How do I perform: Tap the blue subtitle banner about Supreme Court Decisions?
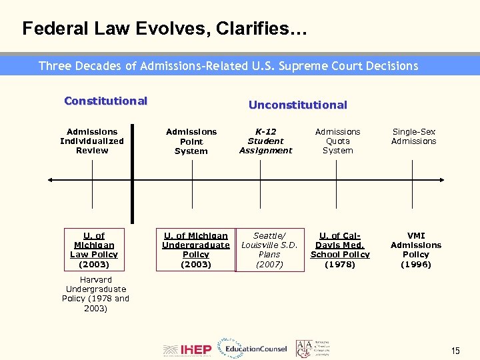[228, 65]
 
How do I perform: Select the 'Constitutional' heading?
[105, 101]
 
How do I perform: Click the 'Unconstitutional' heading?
[297, 105]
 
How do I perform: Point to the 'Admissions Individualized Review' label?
[92, 141]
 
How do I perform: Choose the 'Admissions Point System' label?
[191, 141]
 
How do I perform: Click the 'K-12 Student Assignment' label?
[265, 141]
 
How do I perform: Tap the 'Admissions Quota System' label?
[337, 141]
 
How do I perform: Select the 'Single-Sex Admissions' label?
[414, 137]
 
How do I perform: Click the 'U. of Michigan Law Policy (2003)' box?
[94, 249]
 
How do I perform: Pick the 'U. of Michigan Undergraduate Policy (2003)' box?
[196, 249]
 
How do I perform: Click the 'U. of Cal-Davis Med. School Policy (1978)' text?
[340, 249]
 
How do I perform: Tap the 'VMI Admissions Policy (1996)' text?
[416, 249]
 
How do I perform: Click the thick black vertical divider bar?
[132, 173]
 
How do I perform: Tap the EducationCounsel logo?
[256, 348]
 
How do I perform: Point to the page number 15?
[455, 351]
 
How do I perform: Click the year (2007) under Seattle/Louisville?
[269, 265]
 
